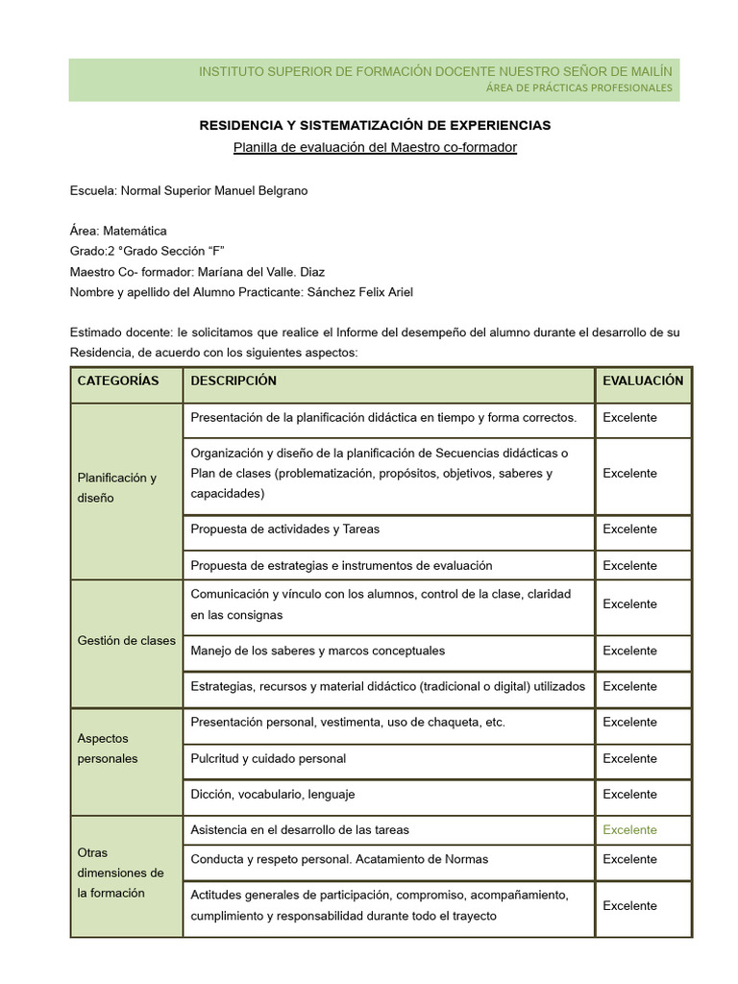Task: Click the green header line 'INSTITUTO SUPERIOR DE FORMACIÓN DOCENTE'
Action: tap(434, 72)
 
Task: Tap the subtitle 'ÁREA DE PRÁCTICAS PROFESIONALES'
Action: tap(579, 88)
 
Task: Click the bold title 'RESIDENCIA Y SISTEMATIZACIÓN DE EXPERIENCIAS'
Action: tap(375, 125)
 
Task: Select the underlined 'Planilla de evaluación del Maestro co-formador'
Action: tap(375, 147)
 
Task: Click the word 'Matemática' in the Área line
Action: tap(135, 231)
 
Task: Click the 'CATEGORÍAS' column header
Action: tap(118, 381)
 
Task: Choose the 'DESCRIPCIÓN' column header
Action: tap(234, 381)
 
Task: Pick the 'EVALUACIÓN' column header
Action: tap(643, 381)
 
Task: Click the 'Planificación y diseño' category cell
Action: tap(116, 487)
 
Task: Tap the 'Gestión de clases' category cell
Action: tap(126, 641)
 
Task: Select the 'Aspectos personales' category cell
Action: tap(108, 749)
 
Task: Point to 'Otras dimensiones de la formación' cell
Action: tap(120, 873)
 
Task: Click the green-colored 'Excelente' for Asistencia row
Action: tap(629, 829)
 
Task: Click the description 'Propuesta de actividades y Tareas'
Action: tap(285, 529)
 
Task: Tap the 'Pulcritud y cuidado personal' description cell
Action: tap(268, 758)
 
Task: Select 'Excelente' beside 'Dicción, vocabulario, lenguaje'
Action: tap(629, 794)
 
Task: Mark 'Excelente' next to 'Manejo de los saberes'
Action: tap(629, 651)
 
